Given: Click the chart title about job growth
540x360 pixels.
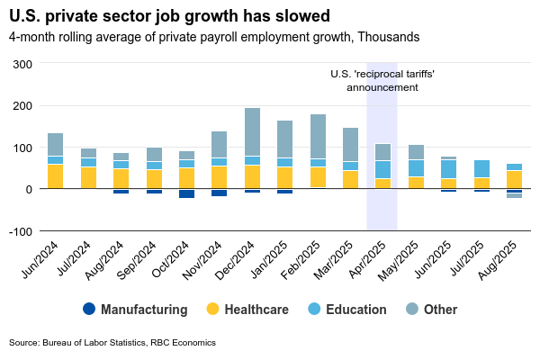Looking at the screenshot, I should [x=169, y=16].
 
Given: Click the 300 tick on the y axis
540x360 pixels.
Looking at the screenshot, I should [x=22, y=64].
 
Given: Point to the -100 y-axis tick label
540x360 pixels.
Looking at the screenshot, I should [x=20, y=231].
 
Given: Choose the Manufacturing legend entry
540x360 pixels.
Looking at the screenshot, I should [x=134, y=310].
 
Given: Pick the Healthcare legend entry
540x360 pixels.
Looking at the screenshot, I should [x=246, y=310].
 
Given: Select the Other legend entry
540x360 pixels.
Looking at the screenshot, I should [x=429, y=310].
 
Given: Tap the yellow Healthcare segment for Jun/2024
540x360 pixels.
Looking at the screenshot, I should [x=55, y=176].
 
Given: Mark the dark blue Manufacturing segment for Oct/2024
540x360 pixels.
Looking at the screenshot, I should [x=186, y=193].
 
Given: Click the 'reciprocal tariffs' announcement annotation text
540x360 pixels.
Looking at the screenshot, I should [x=382, y=81].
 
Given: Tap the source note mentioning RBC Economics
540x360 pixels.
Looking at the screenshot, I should [x=112, y=343].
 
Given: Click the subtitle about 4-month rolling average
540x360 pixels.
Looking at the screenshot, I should [x=214, y=38].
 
